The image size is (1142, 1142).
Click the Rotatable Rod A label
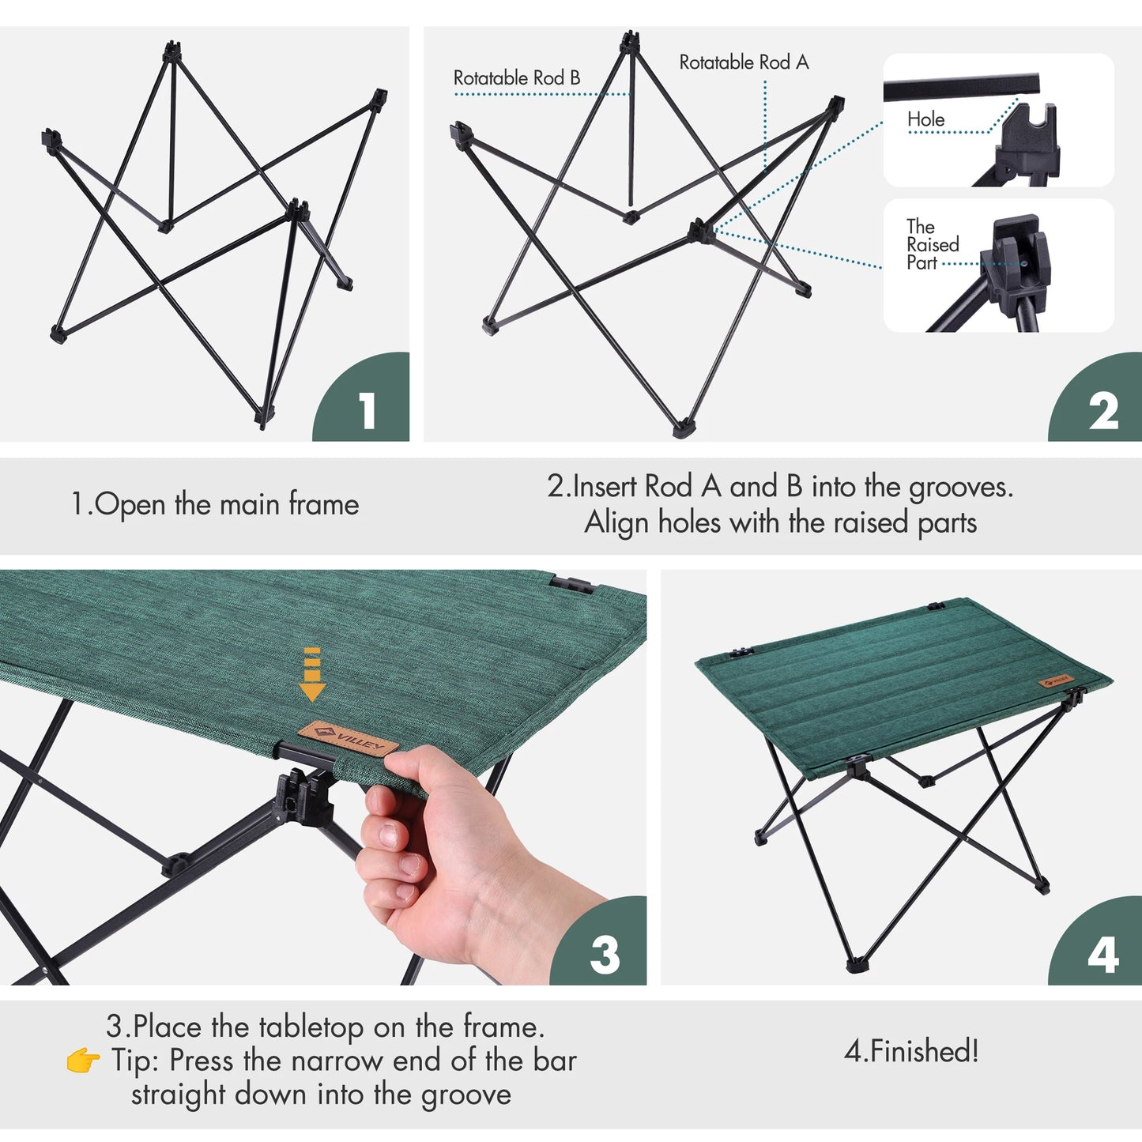point(744,62)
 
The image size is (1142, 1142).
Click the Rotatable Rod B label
point(516,78)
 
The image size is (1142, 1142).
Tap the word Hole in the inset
point(925,119)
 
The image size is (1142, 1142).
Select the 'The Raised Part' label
point(932,245)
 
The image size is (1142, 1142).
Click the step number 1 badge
point(367,411)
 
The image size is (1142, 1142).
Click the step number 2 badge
point(1102,412)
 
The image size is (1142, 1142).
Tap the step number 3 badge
point(605,954)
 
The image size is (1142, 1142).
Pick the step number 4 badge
point(1102,954)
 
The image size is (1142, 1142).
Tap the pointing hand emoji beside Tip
point(83,1061)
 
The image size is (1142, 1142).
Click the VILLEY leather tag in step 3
point(348,739)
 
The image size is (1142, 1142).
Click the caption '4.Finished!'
point(911,1051)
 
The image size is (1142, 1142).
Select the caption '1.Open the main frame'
point(215,504)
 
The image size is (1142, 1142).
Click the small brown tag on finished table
point(1057,680)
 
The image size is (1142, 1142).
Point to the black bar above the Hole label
point(960,88)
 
